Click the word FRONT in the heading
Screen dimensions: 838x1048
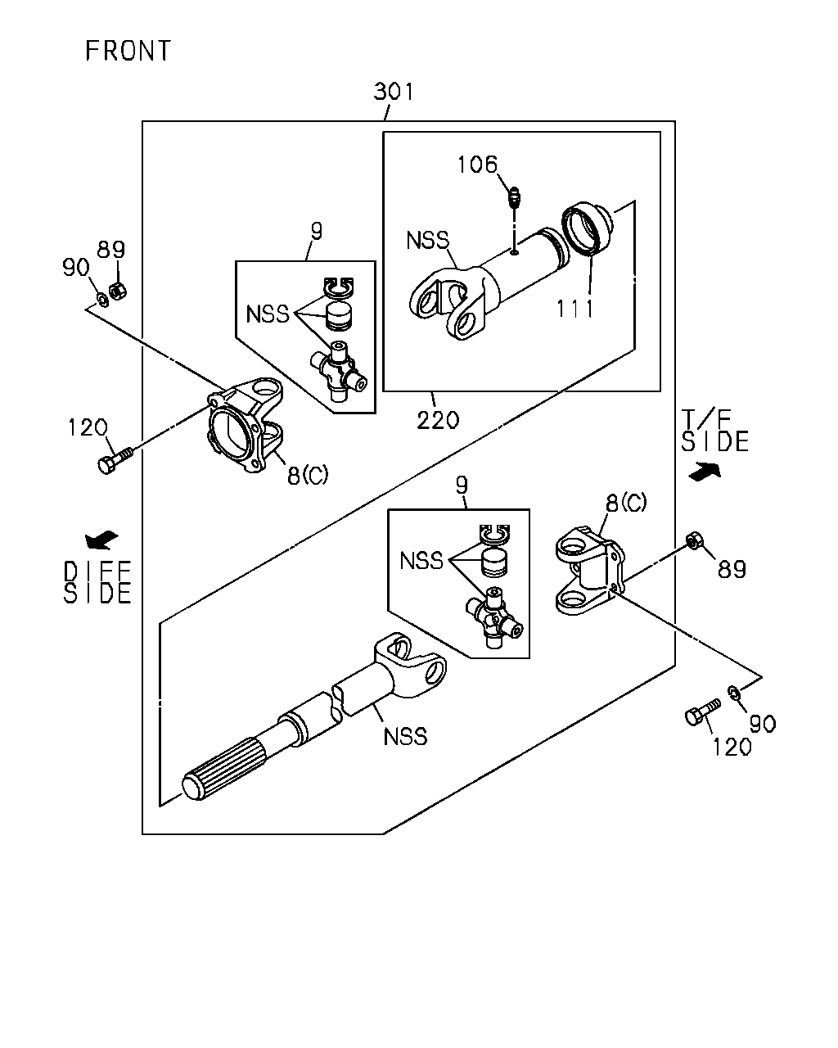pyautogui.click(x=128, y=51)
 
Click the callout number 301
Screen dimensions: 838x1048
pyautogui.click(x=394, y=92)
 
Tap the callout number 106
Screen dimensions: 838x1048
pyautogui.click(x=477, y=165)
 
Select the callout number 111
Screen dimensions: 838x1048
pyautogui.click(x=574, y=309)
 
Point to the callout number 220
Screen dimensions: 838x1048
pyautogui.click(x=438, y=420)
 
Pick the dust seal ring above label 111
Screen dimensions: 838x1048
pyautogui.click(x=587, y=228)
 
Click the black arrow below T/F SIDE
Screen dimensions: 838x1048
pyautogui.click(x=705, y=472)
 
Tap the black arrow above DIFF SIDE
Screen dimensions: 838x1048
pyautogui.click(x=101, y=540)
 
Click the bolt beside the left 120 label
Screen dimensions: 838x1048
pyautogui.click(x=115, y=460)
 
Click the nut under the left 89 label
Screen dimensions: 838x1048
pyautogui.click(x=117, y=291)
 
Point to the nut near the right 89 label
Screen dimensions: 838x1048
pyautogui.click(x=693, y=540)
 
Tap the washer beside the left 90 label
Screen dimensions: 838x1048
pyautogui.click(x=103, y=300)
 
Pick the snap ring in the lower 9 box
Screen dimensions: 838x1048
pyautogui.click(x=494, y=533)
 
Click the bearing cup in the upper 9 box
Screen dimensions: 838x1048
pyautogui.click(x=339, y=316)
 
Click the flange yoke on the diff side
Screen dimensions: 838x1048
pyautogui.click(x=245, y=425)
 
